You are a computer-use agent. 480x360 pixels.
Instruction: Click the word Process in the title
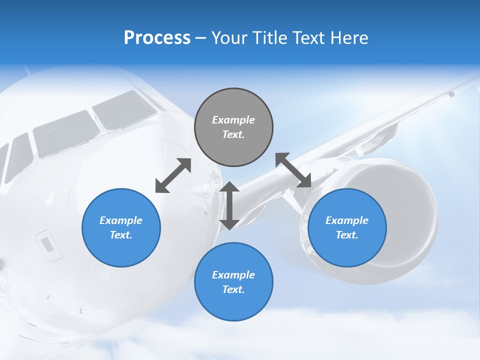(157, 38)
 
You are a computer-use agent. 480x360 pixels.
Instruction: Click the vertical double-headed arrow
(229, 205)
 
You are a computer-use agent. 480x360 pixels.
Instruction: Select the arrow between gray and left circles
(173, 175)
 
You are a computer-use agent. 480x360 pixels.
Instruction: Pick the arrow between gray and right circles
(293, 170)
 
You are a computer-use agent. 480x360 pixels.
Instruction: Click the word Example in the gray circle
(233, 120)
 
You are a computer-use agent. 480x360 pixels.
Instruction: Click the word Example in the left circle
(121, 220)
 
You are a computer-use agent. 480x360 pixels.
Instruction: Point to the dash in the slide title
(200, 38)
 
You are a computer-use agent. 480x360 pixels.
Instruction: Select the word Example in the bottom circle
(233, 275)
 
